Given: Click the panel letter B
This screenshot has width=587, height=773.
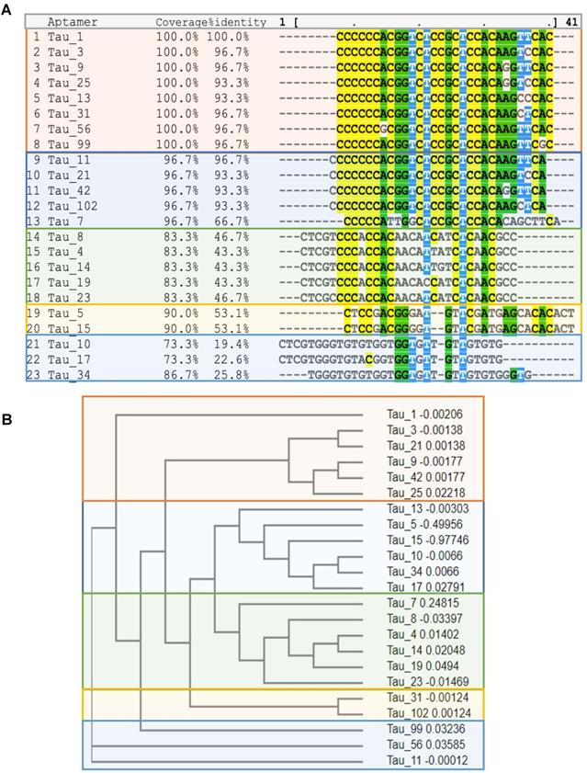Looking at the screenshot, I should point(7,419).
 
